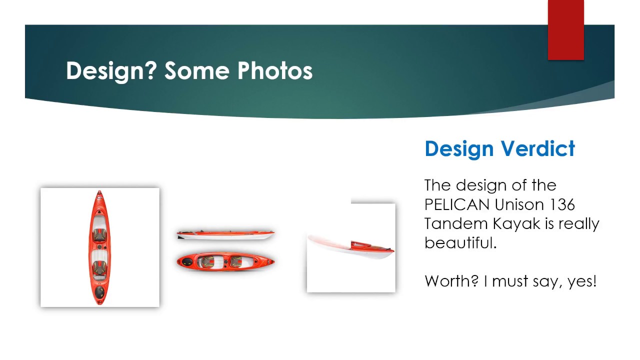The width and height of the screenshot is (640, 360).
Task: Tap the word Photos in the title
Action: [274, 70]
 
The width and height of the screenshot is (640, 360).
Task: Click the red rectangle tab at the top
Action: [565, 30]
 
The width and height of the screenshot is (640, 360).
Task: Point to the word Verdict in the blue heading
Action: [538, 149]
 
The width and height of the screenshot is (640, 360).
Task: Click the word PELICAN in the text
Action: [457, 204]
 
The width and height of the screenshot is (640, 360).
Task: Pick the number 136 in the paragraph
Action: [562, 204]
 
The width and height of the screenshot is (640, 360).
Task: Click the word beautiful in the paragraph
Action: [458, 242]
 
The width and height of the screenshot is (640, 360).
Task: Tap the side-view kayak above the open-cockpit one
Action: [225, 234]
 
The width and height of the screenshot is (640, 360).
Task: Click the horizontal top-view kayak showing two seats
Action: [225, 261]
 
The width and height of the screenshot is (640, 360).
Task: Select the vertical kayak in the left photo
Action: [99, 247]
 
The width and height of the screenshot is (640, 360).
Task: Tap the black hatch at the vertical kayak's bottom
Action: [99, 291]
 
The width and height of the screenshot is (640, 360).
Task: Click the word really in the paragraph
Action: [578, 223]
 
